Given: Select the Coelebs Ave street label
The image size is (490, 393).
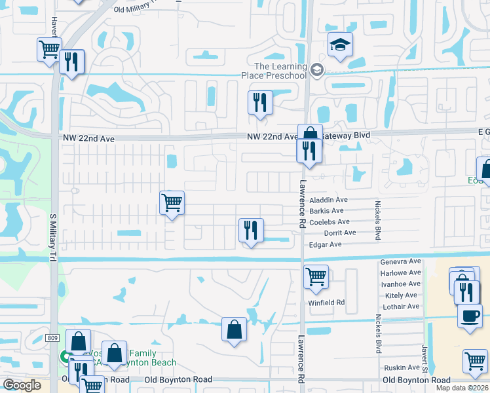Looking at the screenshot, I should pyautogui.click(x=330, y=222).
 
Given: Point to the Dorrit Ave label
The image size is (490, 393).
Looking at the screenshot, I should pyautogui.click(x=340, y=233).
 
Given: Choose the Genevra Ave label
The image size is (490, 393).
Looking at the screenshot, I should pyautogui.click(x=400, y=261).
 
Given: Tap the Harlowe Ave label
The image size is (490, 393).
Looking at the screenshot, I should pyautogui.click(x=400, y=272).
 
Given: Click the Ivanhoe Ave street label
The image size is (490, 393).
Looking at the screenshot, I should pyautogui.click(x=400, y=284).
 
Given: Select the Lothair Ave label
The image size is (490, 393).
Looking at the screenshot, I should pyautogui.click(x=400, y=307).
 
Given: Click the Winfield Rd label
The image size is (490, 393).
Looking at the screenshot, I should pyautogui.click(x=326, y=303).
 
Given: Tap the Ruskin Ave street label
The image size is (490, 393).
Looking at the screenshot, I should pyautogui.click(x=402, y=367).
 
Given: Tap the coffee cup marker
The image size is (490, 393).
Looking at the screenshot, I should pyautogui.click(x=469, y=316).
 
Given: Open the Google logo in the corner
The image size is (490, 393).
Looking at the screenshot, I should pyautogui.click(x=22, y=385).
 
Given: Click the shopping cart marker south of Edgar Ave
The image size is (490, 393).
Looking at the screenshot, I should pyautogui.click(x=316, y=276).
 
